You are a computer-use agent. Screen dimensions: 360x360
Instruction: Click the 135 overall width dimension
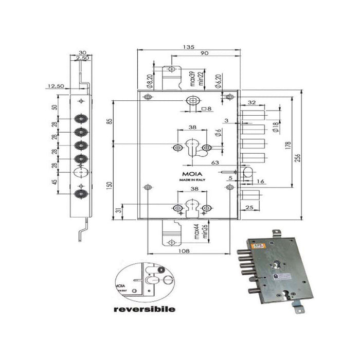(189, 47)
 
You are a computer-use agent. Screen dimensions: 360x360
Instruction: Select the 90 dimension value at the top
(205, 54)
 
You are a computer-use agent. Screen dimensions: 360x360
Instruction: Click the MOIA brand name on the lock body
(188, 174)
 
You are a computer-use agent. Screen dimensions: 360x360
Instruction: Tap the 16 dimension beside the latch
(261, 182)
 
